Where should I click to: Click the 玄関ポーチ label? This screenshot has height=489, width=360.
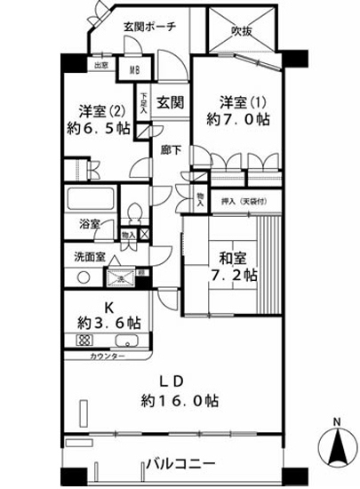coord(148,27)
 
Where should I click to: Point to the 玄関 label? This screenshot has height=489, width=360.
coord(171,101)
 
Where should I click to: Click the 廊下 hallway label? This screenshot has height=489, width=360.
coord(171,150)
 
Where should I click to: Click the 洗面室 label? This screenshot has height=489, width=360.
coord(90,257)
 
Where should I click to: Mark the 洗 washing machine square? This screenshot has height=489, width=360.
coord(124,278)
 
